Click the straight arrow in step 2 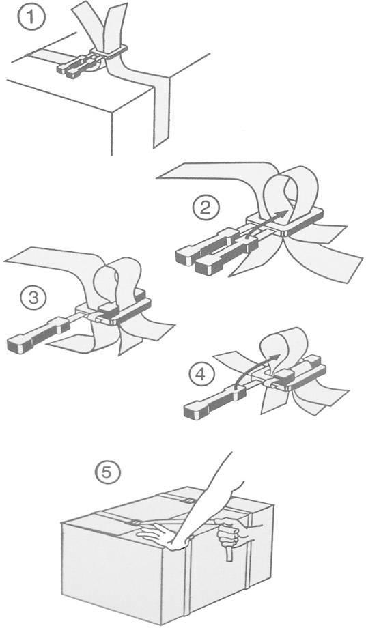click(263, 225)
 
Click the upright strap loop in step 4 click(285, 348)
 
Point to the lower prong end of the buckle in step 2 click(208, 265)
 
